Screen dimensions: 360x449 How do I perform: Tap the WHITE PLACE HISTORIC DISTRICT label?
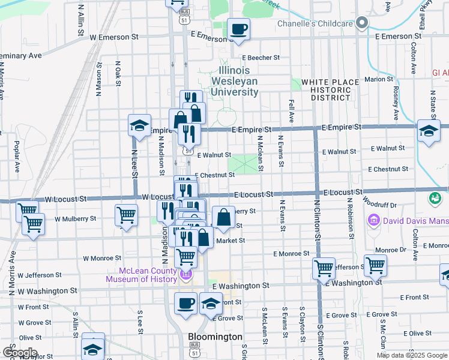click(326, 89)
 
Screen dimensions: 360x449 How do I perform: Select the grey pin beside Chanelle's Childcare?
click(361, 23)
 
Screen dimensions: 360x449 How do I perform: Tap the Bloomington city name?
click(215, 337)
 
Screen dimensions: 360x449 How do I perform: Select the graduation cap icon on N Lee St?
click(139, 126)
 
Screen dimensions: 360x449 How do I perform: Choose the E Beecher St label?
click(260, 58)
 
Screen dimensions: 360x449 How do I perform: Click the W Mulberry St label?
click(75, 219)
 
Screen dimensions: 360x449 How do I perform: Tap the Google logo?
click(19, 353)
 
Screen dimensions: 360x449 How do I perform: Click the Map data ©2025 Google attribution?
click(411, 355)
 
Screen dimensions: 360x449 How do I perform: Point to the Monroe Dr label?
click(390, 250)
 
